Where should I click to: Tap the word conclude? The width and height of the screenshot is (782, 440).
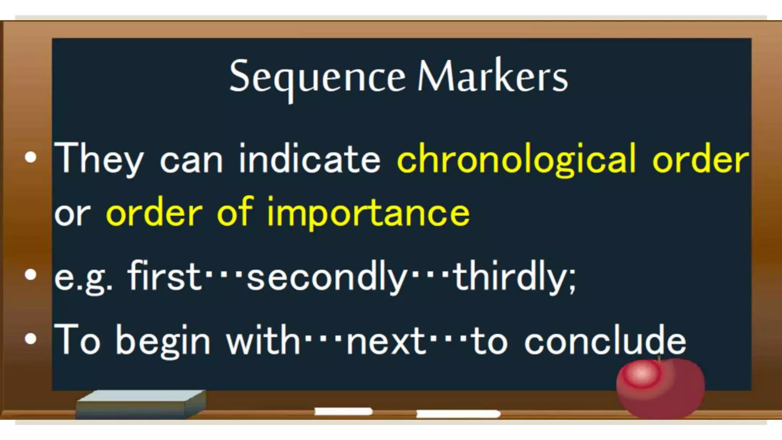(x=605, y=340)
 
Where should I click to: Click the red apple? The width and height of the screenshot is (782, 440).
(x=661, y=388)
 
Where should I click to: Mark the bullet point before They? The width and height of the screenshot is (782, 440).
(x=31, y=158)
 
